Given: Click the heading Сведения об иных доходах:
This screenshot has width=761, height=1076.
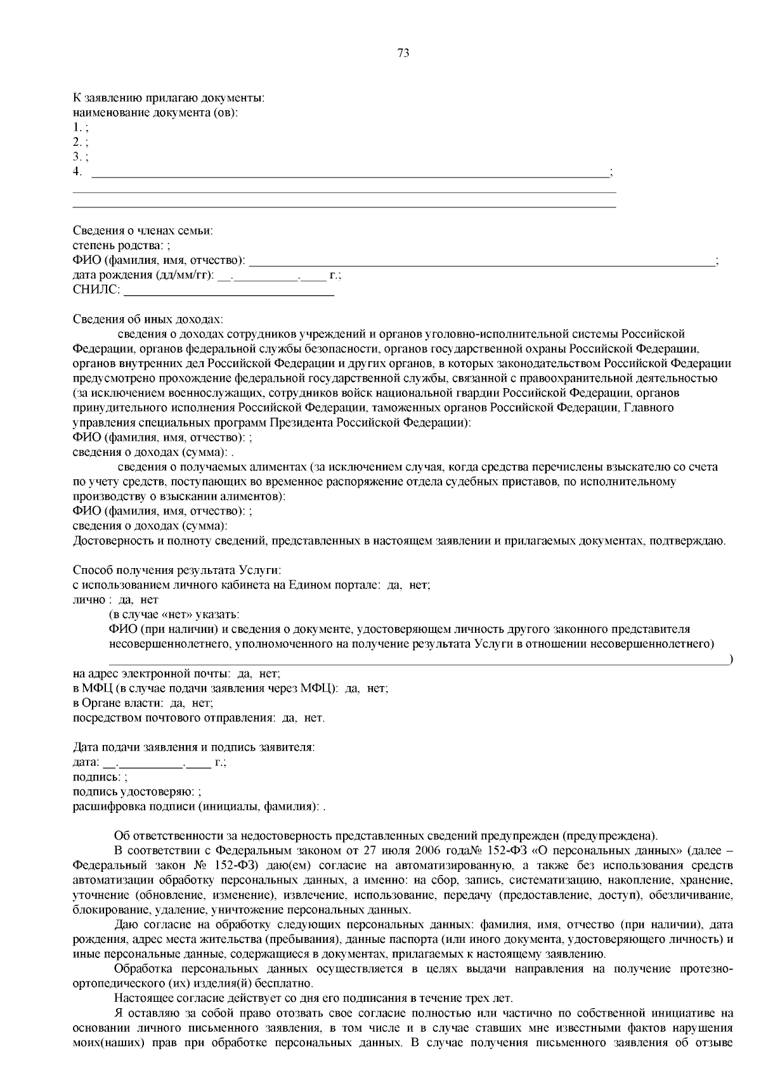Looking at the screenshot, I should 148,319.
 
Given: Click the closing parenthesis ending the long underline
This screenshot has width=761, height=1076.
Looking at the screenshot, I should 731,661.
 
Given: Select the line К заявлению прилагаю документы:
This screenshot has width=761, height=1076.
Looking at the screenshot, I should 168,98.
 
